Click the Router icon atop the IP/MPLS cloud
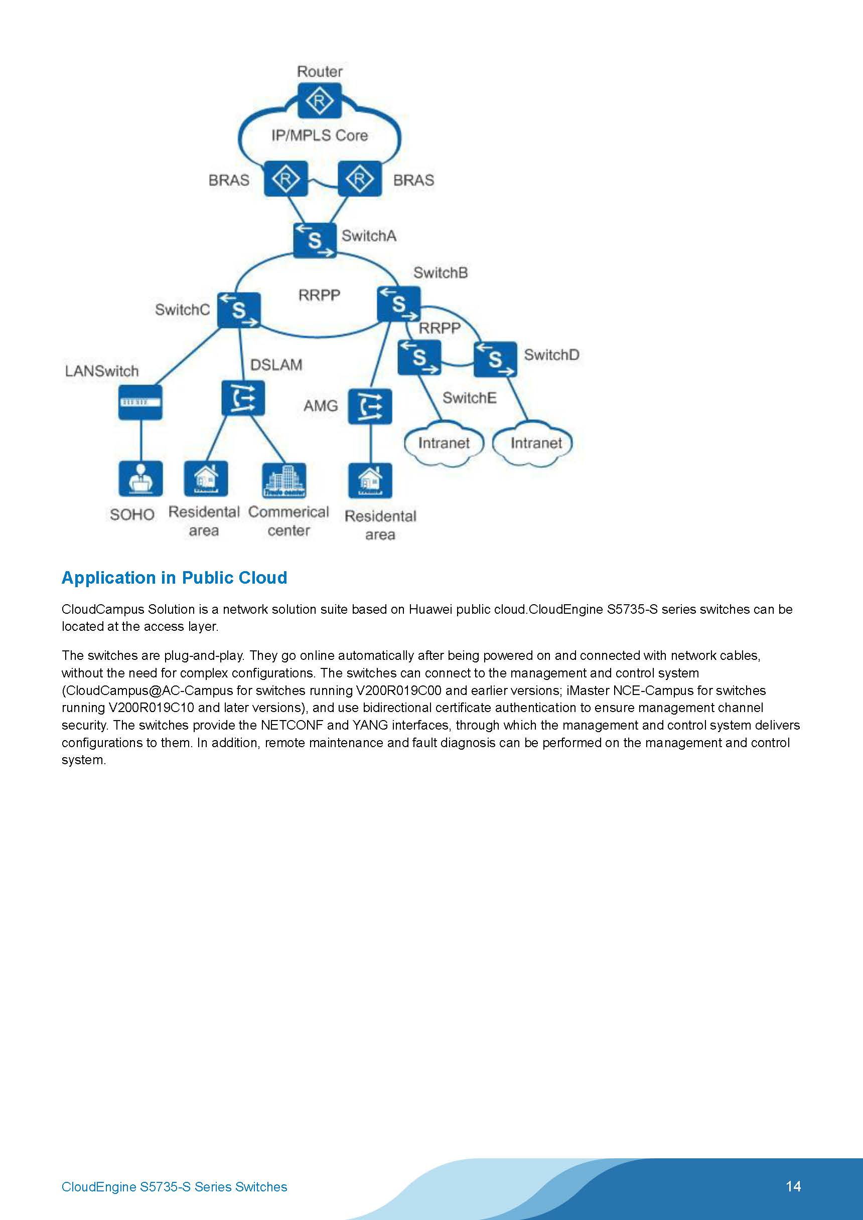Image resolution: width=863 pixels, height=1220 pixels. tap(319, 101)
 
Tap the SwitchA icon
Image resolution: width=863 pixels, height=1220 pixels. tap(315, 240)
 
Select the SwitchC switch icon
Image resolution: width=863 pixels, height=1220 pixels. tap(239, 310)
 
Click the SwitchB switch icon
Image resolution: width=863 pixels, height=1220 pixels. tap(399, 304)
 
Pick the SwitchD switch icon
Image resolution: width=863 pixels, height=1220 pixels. tap(495, 359)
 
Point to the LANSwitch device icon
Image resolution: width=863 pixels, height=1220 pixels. tap(140, 402)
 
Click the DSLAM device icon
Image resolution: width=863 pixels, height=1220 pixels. tap(243, 398)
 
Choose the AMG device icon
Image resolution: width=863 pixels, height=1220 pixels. tap(370, 407)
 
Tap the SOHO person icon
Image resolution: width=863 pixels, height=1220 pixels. tap(140, 478)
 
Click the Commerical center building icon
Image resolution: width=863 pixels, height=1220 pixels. tap(284, 480)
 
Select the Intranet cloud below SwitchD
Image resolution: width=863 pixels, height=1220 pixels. tap(532, 443)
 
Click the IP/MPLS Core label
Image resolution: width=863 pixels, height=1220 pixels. tap(320, 135)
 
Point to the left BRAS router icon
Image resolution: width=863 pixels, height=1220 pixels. tap(286, 179)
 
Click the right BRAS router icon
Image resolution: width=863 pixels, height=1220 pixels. tap(360, 179)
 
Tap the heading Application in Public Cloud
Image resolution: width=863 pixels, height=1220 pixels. tap(175, 578)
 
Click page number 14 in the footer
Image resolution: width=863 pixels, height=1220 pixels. tap(793, 1186)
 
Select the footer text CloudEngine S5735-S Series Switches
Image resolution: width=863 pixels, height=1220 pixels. tap(175, 1187)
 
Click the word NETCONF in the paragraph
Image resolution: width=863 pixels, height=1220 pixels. tap(292, 725)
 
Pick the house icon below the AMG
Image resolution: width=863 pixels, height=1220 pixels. tap(370, 481)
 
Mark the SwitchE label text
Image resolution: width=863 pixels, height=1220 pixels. tap(470, 398)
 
